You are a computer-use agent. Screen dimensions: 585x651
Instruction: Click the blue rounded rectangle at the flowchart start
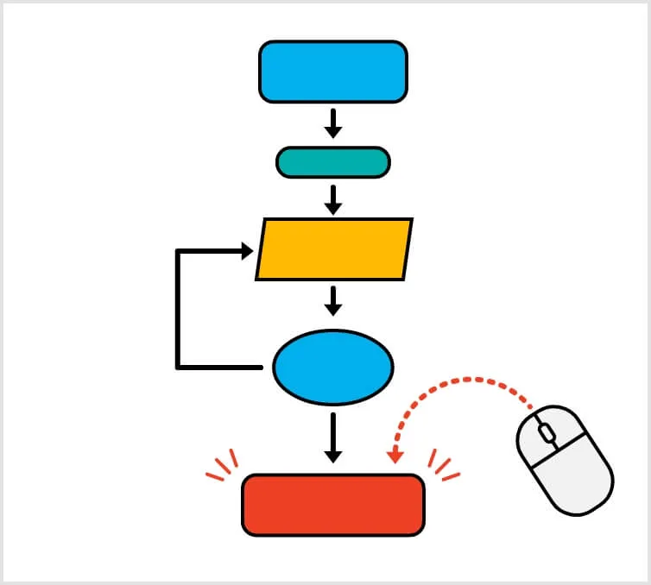333,72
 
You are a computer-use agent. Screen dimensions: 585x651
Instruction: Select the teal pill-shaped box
333,162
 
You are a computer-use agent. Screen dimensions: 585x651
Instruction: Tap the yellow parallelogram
334,249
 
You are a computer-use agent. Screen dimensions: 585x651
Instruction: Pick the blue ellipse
333,367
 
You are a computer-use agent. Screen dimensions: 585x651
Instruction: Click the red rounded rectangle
333,505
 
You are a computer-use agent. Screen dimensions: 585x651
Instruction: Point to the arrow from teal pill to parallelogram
333,199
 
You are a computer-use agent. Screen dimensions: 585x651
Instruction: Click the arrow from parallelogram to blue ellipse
333,301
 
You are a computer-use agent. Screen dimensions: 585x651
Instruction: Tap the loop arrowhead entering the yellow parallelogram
246,251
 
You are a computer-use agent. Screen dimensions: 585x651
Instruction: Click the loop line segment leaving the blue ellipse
221,368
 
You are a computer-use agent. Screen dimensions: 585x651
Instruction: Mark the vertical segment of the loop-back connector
178,309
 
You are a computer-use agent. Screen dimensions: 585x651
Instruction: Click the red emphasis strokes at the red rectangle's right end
443,467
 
